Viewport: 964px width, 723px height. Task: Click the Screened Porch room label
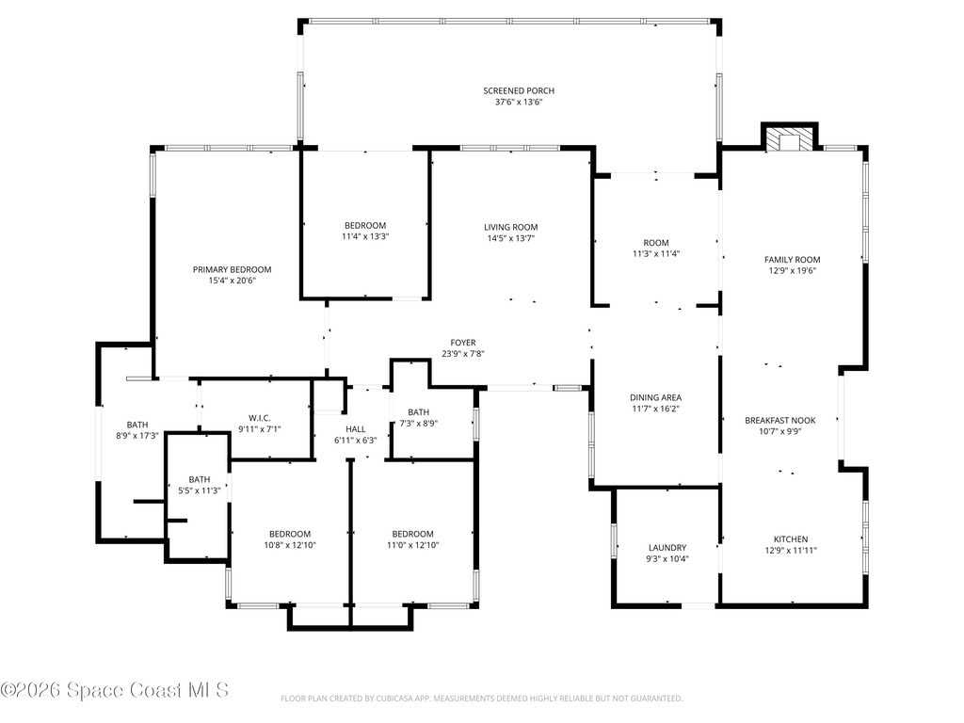pyautogui.click(x=519, y=91)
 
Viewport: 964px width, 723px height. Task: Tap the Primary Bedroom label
pyautogui.click(x=232, y=269)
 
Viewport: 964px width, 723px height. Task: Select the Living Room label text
pyautogui.click(x=511, y=228)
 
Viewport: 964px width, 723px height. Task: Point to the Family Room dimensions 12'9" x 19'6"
pyautogui.click(x=793, y=270)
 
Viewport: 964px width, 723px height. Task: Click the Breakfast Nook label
pyautogui.click(x=780, y=421)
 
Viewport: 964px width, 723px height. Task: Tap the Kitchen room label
pyautogui.click(x=791, y=539)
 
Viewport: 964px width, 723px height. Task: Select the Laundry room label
pyautogui.click(x=667, y=548)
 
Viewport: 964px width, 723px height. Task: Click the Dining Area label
pyautogui.click(x=655, y=398)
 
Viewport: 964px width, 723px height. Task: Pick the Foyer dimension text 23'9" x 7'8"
pyautogui.click(x=463, y=354)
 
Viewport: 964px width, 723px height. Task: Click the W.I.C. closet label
pyautogui.click(x=260, y=418)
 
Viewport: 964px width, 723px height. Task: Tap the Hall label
pyautogui.click(x=355, y=429)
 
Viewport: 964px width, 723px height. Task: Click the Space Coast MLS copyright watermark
pyautogui.click(x=115, y=690)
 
